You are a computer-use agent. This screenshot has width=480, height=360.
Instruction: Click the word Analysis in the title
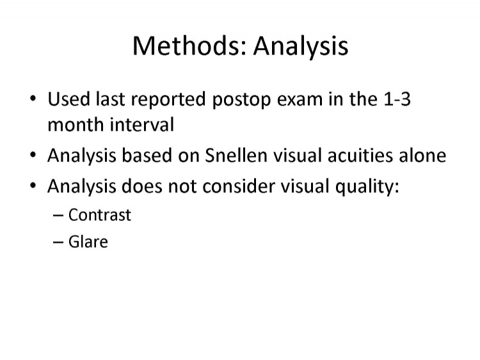click(301, 47)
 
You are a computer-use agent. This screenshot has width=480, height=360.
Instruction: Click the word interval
click(142, 124)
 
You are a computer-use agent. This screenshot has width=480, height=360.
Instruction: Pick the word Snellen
click(236, 155)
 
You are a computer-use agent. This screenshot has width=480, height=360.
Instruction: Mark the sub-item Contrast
click(100, 215)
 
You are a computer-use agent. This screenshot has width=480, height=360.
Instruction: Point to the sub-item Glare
click(88, 241)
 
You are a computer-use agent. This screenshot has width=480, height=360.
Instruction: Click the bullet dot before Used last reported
click(33, 99)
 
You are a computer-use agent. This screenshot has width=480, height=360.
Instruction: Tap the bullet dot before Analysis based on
click(33, 155)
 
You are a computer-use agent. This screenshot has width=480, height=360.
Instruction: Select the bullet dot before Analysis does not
click(33, 186)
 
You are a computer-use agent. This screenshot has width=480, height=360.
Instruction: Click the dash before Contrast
click(58, 215)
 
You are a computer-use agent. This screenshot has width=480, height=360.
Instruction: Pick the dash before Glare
click(58, 242)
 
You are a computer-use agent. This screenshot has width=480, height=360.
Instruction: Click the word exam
click(300, 99)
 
